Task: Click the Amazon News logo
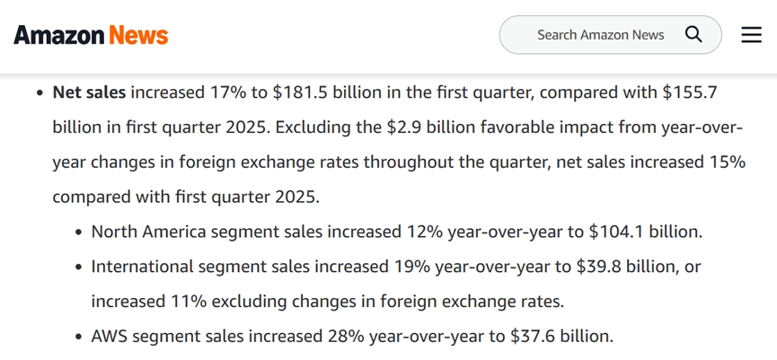91,35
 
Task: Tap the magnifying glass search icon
693,35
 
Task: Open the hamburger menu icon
751,35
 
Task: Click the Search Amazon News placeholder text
601,35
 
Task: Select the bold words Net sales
89,92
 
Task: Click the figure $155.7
689,92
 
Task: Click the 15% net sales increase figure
728,162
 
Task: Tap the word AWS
110,337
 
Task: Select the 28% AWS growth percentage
346,337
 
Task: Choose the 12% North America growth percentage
425,232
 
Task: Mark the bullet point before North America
79,233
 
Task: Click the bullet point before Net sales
40,93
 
